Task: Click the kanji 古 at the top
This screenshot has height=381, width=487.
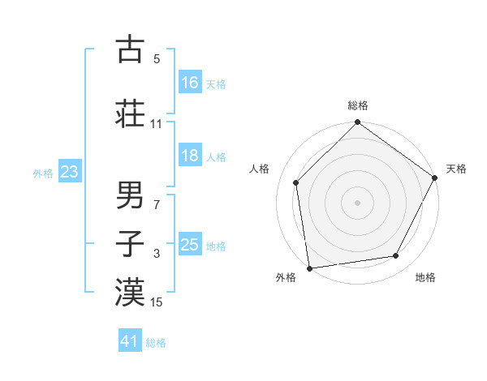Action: coord(130,49)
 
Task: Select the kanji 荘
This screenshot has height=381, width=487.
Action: coord(130,113)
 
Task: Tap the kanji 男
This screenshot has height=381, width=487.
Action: coord(130,195)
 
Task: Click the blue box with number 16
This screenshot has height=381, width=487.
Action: coord(190,83)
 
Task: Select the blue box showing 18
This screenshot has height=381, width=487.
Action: coord(190,156)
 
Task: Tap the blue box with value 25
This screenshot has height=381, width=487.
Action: coord(190,245)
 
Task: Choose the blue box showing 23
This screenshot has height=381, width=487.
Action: coord(70,172)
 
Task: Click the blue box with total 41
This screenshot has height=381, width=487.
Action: coord(131,341)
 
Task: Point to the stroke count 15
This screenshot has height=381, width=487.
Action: coord(157,302)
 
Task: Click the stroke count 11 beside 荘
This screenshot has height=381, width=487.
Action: coord(157,124)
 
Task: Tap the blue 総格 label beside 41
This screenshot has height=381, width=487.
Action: coord(156,343)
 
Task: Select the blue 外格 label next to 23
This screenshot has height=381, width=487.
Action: coord(43,173)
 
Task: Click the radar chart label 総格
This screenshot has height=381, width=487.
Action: coord(358,106)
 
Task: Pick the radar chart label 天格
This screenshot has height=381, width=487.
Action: coord(456,169)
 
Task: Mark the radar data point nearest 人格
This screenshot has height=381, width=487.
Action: coord(296,182)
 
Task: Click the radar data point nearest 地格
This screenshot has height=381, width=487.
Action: coord(396,256)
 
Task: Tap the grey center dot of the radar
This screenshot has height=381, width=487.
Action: coord(358,202)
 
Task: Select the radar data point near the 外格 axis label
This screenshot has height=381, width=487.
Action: coord(309,268)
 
